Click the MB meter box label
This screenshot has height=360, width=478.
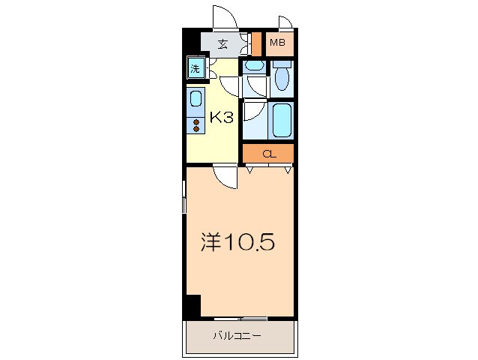[277, 43]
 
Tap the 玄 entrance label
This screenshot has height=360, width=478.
[223, 43]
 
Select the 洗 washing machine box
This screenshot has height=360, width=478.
[196, 69]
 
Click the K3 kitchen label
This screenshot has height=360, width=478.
[222, 117]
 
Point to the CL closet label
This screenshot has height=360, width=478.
[268, 154]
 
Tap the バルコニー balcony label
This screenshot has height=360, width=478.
[237, 336]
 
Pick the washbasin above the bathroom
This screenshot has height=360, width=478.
[255, 67]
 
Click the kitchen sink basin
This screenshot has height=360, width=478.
[195, 99]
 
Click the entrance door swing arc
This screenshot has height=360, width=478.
[224, 16]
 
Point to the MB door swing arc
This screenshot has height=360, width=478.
[285, 23]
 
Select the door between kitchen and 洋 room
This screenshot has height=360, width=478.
[223, 175]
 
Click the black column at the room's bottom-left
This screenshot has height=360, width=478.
[193, 307]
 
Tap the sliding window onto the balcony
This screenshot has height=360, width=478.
[238, 319]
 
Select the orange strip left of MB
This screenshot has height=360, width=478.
[256, 43]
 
